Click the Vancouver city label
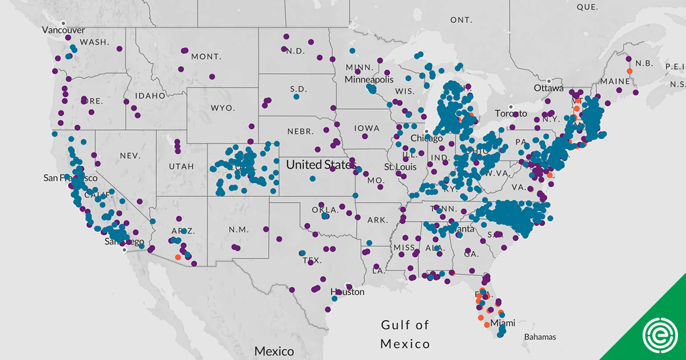pyautogui.click(x=65, y=30)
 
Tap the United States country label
pyautogui.click(x=320, y=165)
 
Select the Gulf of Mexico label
pyautogui.click(x=405, y=334)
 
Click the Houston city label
pyautogui.click(x=347, y=292)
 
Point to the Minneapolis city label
pyautogui.click(x=369, y=79)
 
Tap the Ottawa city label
pyautogui.click(x=549, y=89)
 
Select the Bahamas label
pyautogui.click(x=540, y=337)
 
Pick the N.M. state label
pyautogui.click(x=238, y=230)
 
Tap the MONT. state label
pyautogui.click(x=206, y=57)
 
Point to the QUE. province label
pyautogui.click(x=587, y=7)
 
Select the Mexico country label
pyautogui.click(x=274, y=351)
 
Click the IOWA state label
pyautogui.click(x=366, y=128)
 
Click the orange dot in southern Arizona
pyautogui.click(x=178, y=257)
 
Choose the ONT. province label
pyautogui.click(x=461, y=20)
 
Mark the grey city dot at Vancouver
pyautogui.click(x=64, y=23)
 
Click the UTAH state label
pyautogui.click(x=181, y=166)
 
